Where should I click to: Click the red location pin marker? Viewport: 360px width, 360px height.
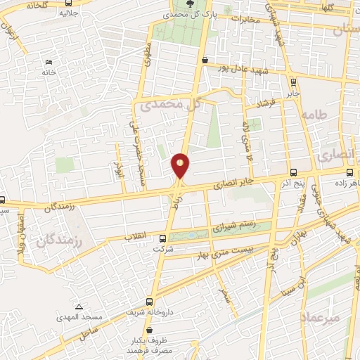coord(181,165)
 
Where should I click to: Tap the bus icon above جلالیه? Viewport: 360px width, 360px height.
coord(67,3)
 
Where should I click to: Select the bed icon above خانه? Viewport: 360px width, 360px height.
coord(49,62)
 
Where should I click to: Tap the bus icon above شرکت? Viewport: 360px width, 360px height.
coord(163,239)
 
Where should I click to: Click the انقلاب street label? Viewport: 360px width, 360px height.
coord(135,237)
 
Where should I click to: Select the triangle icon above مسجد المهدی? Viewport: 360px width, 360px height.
coord(79,307)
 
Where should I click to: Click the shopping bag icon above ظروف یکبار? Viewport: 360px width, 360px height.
coord(148,329)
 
